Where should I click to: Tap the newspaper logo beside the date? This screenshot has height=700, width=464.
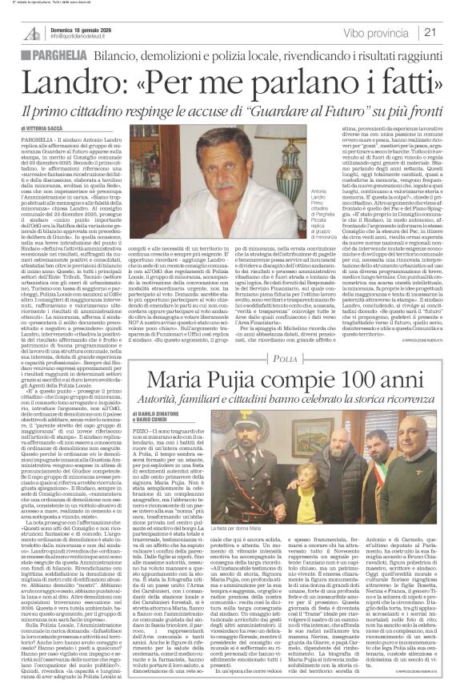[x=32, y=32]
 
